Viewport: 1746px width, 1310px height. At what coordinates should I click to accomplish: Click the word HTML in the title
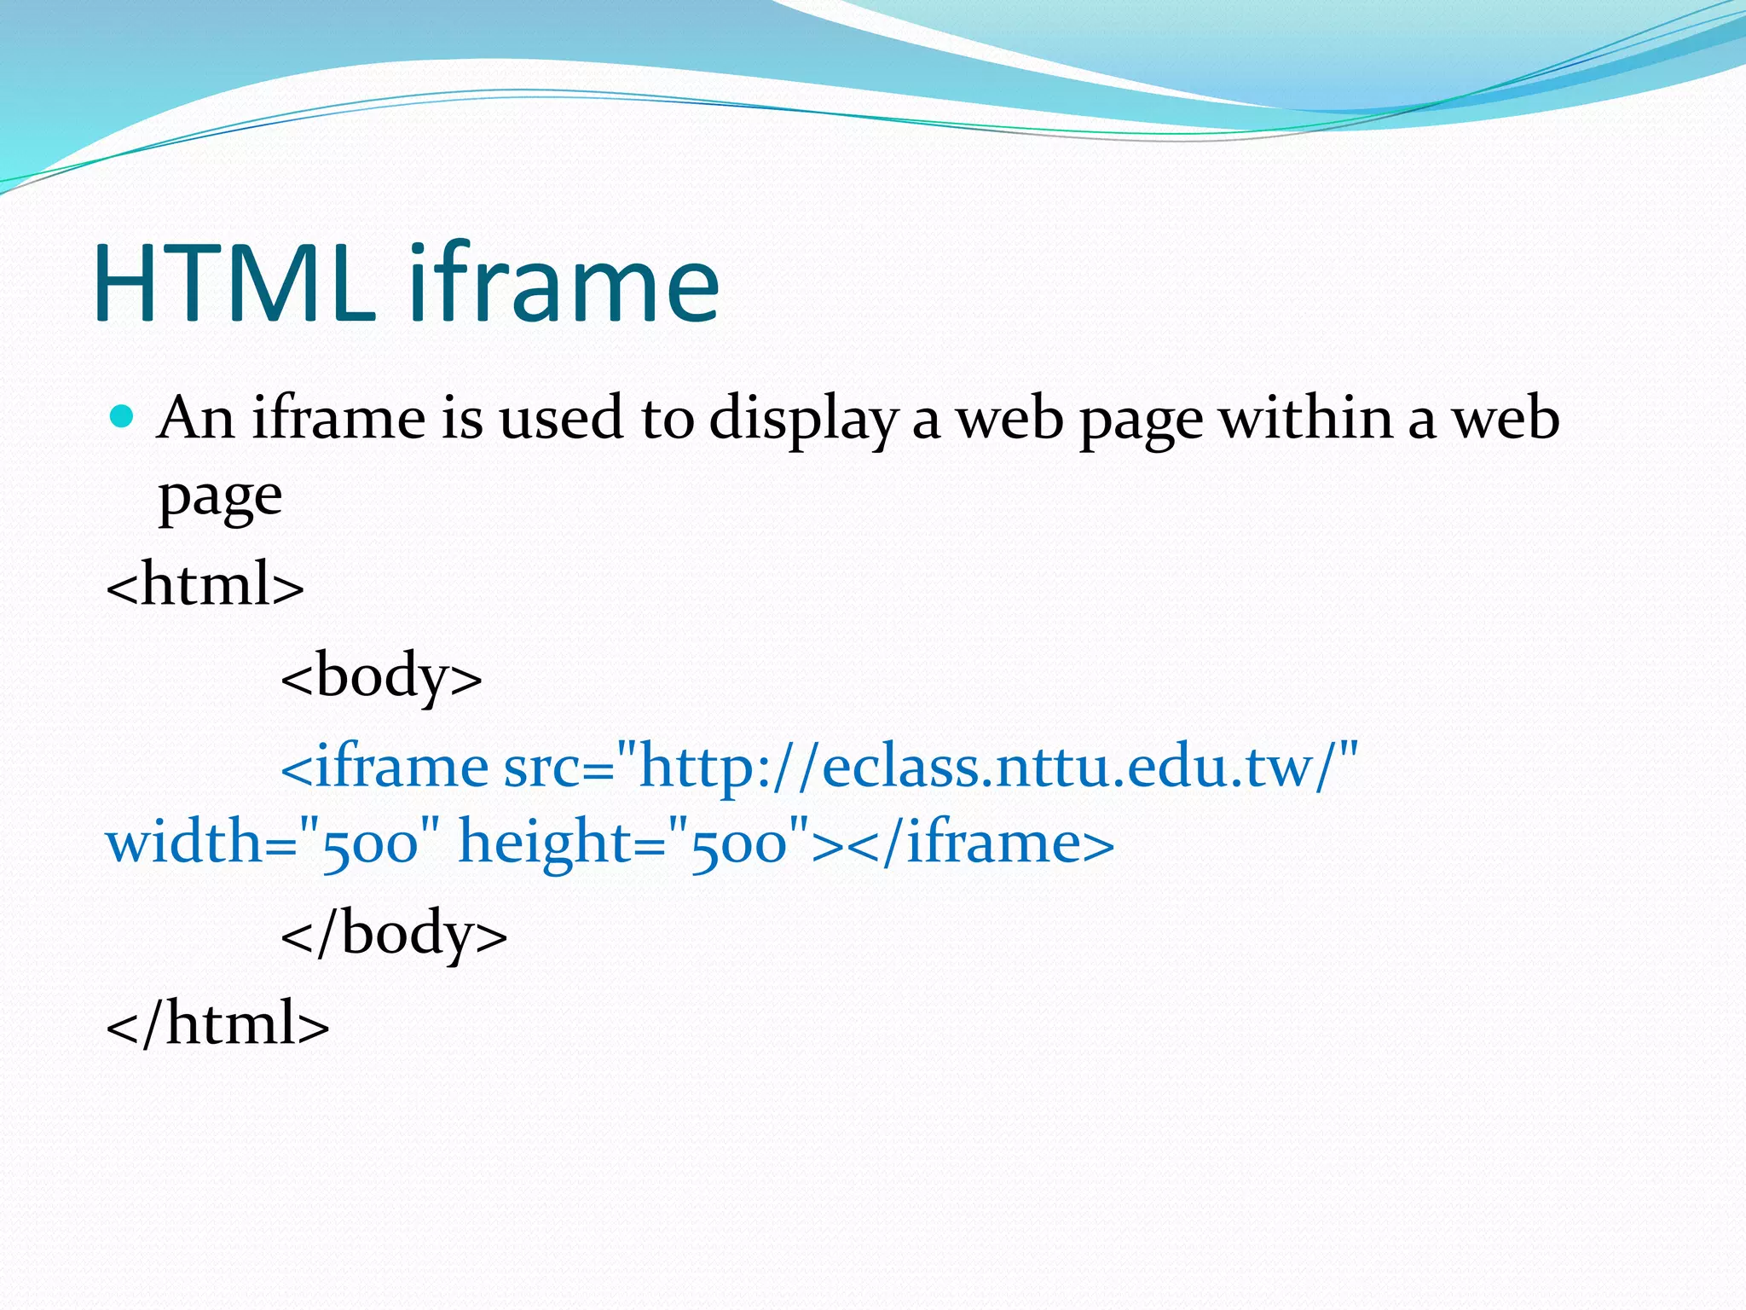pyautogui.click(x=234, y=283)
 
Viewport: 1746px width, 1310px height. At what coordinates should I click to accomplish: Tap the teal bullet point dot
pyautogui.click(x=123, y=417)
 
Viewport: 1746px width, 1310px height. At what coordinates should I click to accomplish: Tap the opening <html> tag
pyautogui.click(x=205, y=585)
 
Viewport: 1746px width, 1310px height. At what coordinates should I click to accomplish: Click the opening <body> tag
pyautogui.click(x=381, y=675)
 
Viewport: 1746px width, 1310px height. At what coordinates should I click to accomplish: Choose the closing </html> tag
pyautogui.click(x=217, y=1023)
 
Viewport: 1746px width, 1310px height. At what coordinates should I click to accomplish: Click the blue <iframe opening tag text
pyautogui.click(x=384, y=766)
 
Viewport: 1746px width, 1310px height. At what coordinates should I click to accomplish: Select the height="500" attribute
pyautogui.click(x=634, y=843)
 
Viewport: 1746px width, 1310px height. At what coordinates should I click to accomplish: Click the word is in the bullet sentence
pyautogui.click(x=462, y=419)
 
